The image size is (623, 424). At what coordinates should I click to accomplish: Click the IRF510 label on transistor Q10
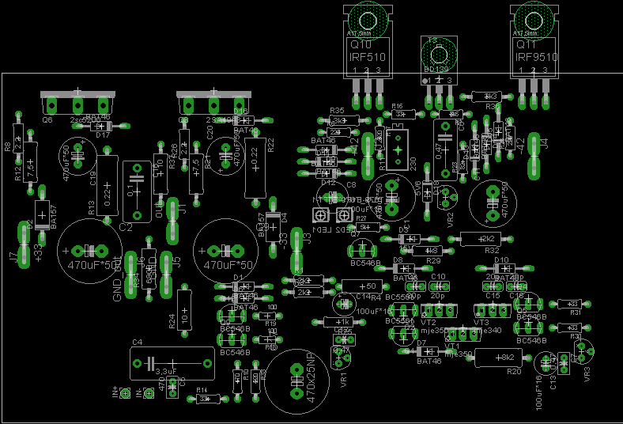point(368,57)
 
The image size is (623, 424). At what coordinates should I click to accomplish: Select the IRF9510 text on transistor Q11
point(535,57)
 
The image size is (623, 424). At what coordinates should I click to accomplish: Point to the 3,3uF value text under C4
point(166,370)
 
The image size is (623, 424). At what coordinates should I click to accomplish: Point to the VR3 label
point(587,373)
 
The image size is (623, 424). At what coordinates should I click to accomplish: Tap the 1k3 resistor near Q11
point(487,97)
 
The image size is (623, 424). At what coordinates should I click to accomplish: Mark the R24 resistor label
point(172,322)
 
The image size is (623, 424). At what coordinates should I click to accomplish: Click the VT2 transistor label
point(429,323)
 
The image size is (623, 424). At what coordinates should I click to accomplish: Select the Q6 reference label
point(47,119)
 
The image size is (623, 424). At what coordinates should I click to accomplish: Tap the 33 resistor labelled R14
point(206,399)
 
